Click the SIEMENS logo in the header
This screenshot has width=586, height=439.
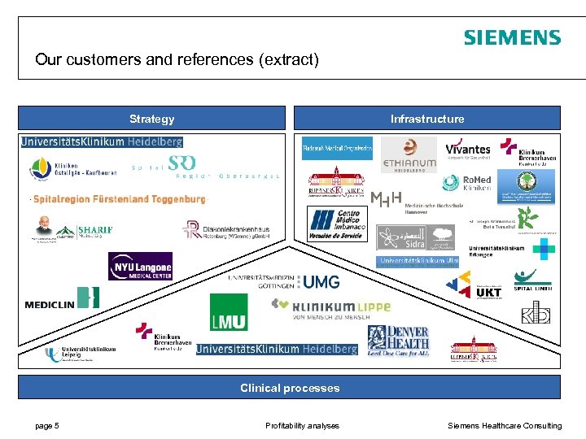[x=512, y=38]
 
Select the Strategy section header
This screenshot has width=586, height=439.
[x=151, y=119]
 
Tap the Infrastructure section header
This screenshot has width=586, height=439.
[x=427, y=119]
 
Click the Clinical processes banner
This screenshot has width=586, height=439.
[x=290, y=388]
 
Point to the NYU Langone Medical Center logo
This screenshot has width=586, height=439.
[x=140, y=266]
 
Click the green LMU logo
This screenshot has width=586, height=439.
[x=229, y=312]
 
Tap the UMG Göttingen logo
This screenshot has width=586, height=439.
[x=285, y=281]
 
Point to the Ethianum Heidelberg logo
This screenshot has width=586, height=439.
[x=409, y=154]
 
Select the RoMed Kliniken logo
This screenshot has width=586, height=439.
[x=466, y=183]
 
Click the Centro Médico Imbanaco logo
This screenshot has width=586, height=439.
[x=335, y=224]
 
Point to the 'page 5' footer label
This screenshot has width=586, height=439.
[x=46, y=425]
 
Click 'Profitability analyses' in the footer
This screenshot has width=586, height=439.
[x=302, y=425]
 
